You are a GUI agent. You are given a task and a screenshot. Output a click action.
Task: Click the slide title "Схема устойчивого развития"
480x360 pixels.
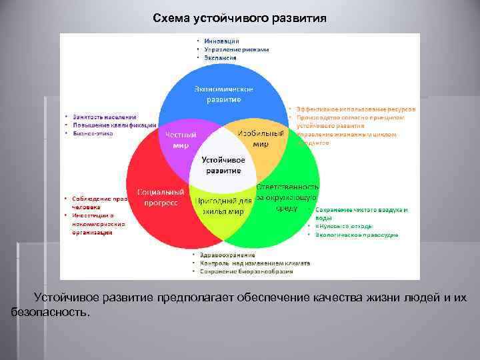239,18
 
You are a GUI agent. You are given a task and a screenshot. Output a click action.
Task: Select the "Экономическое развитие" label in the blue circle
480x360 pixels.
223,94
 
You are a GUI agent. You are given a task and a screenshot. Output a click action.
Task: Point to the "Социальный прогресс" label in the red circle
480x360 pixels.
161,197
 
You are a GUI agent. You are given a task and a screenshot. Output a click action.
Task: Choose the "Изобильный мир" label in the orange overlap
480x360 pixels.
261,138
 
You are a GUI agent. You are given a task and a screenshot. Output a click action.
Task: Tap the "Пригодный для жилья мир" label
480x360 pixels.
223,206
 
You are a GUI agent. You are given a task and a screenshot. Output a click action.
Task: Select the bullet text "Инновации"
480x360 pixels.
222,41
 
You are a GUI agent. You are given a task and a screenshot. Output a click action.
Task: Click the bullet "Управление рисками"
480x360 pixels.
237,49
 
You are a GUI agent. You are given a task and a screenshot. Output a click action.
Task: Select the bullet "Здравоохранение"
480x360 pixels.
230,255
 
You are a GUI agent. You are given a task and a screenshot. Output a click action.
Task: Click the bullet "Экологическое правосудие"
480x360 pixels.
357,235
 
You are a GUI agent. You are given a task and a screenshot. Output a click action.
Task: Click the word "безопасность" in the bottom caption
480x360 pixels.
49,311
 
